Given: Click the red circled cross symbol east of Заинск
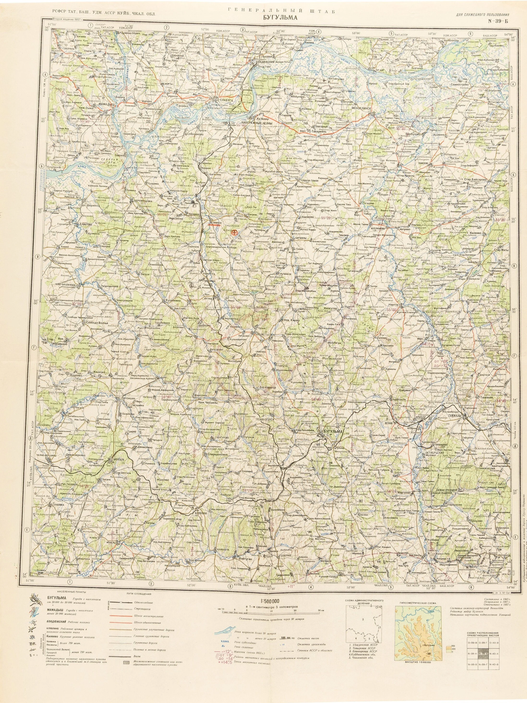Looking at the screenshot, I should click(x=234, y=233).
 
